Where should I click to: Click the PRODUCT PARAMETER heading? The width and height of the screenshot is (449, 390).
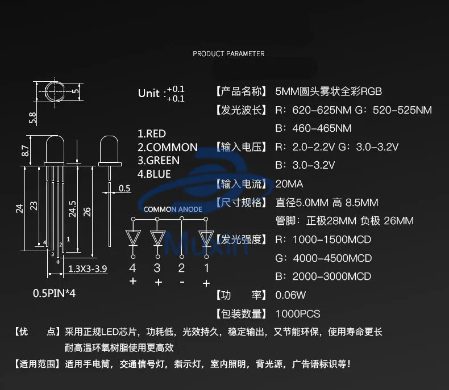228,54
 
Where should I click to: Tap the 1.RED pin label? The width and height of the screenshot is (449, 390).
152,134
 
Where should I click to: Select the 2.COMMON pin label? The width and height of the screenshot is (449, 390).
168,147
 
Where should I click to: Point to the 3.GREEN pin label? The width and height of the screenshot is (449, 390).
159,161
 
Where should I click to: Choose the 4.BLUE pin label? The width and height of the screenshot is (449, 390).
154,174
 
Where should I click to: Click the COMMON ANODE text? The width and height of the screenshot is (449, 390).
173,209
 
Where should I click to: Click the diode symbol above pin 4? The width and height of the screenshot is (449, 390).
133,238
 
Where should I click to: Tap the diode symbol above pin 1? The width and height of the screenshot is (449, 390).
206,238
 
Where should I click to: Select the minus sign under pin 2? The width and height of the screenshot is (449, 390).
181,282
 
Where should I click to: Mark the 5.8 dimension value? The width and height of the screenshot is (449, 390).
32,118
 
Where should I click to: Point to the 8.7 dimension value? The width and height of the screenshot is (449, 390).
25,151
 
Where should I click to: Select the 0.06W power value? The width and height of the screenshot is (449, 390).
290,295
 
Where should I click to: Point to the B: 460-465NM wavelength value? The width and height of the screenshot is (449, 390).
313,128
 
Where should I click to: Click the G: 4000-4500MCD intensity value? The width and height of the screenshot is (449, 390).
323,258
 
